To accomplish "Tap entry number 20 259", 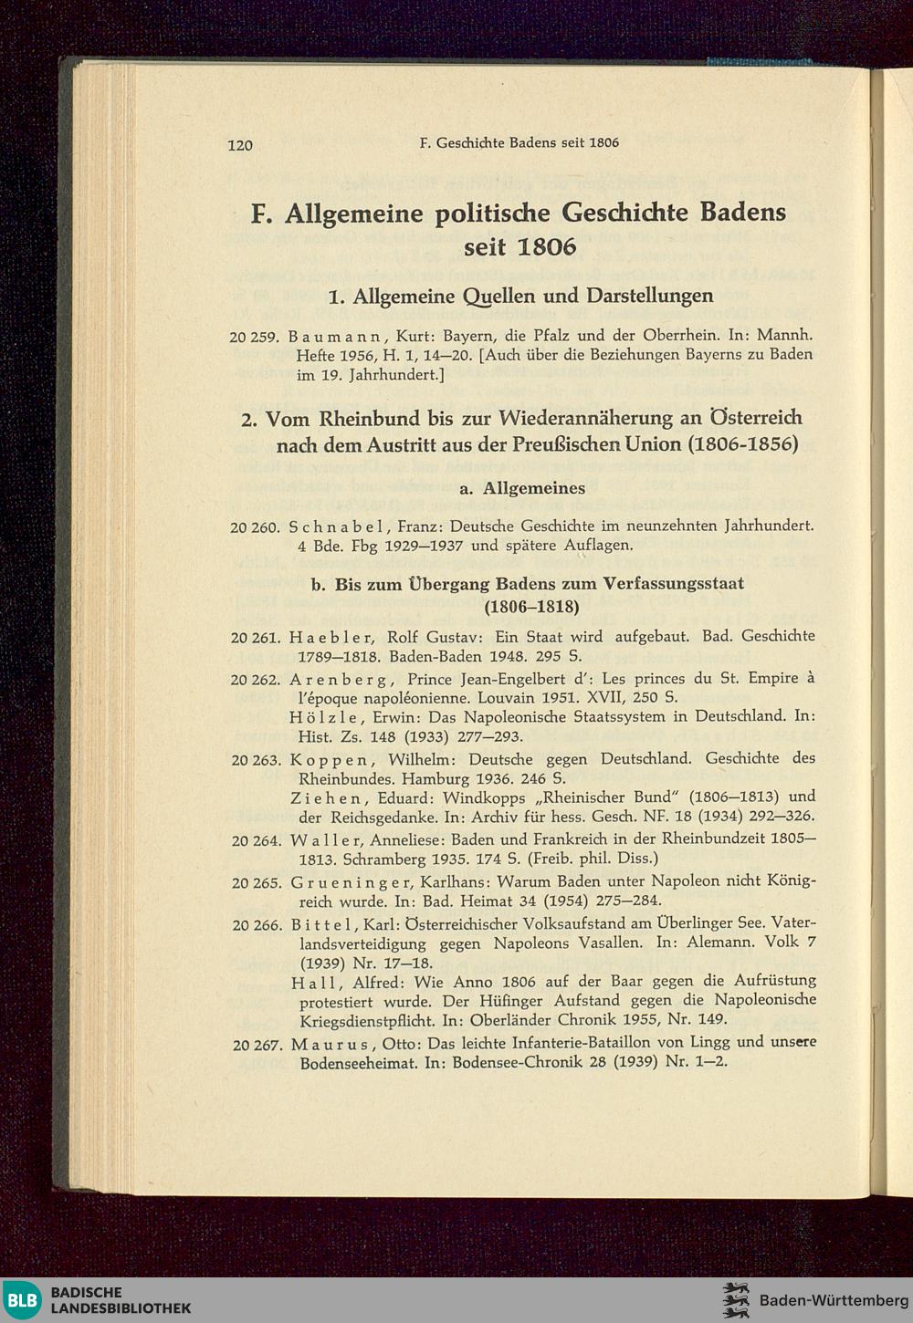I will [x=254, y=337].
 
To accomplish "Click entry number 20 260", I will [x=254, y=526].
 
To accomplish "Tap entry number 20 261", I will [x=255, y=638].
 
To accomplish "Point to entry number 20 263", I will [x=255, y=760].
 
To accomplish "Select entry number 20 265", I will [x=256, y=882].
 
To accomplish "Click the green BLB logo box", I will [x=23, y=1299].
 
